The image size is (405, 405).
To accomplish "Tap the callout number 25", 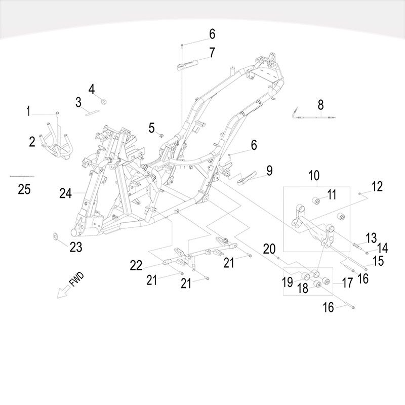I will [x=24, y=189].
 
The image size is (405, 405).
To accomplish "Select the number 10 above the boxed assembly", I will [x=313, y=176].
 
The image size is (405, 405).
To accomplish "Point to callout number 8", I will [x=320, y=105].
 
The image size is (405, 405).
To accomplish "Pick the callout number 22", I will [x=137, y=265].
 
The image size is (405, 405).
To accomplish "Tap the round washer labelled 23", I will [x=56, y=236].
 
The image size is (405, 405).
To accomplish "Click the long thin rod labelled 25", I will [x=23, y=176].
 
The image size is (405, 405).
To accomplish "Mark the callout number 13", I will [x=372, y=236].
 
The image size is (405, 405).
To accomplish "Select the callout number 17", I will [x=347, y=282].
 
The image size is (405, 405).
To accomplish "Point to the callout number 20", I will [x=269, y=248].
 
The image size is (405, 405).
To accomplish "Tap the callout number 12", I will [x=377, y=187].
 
